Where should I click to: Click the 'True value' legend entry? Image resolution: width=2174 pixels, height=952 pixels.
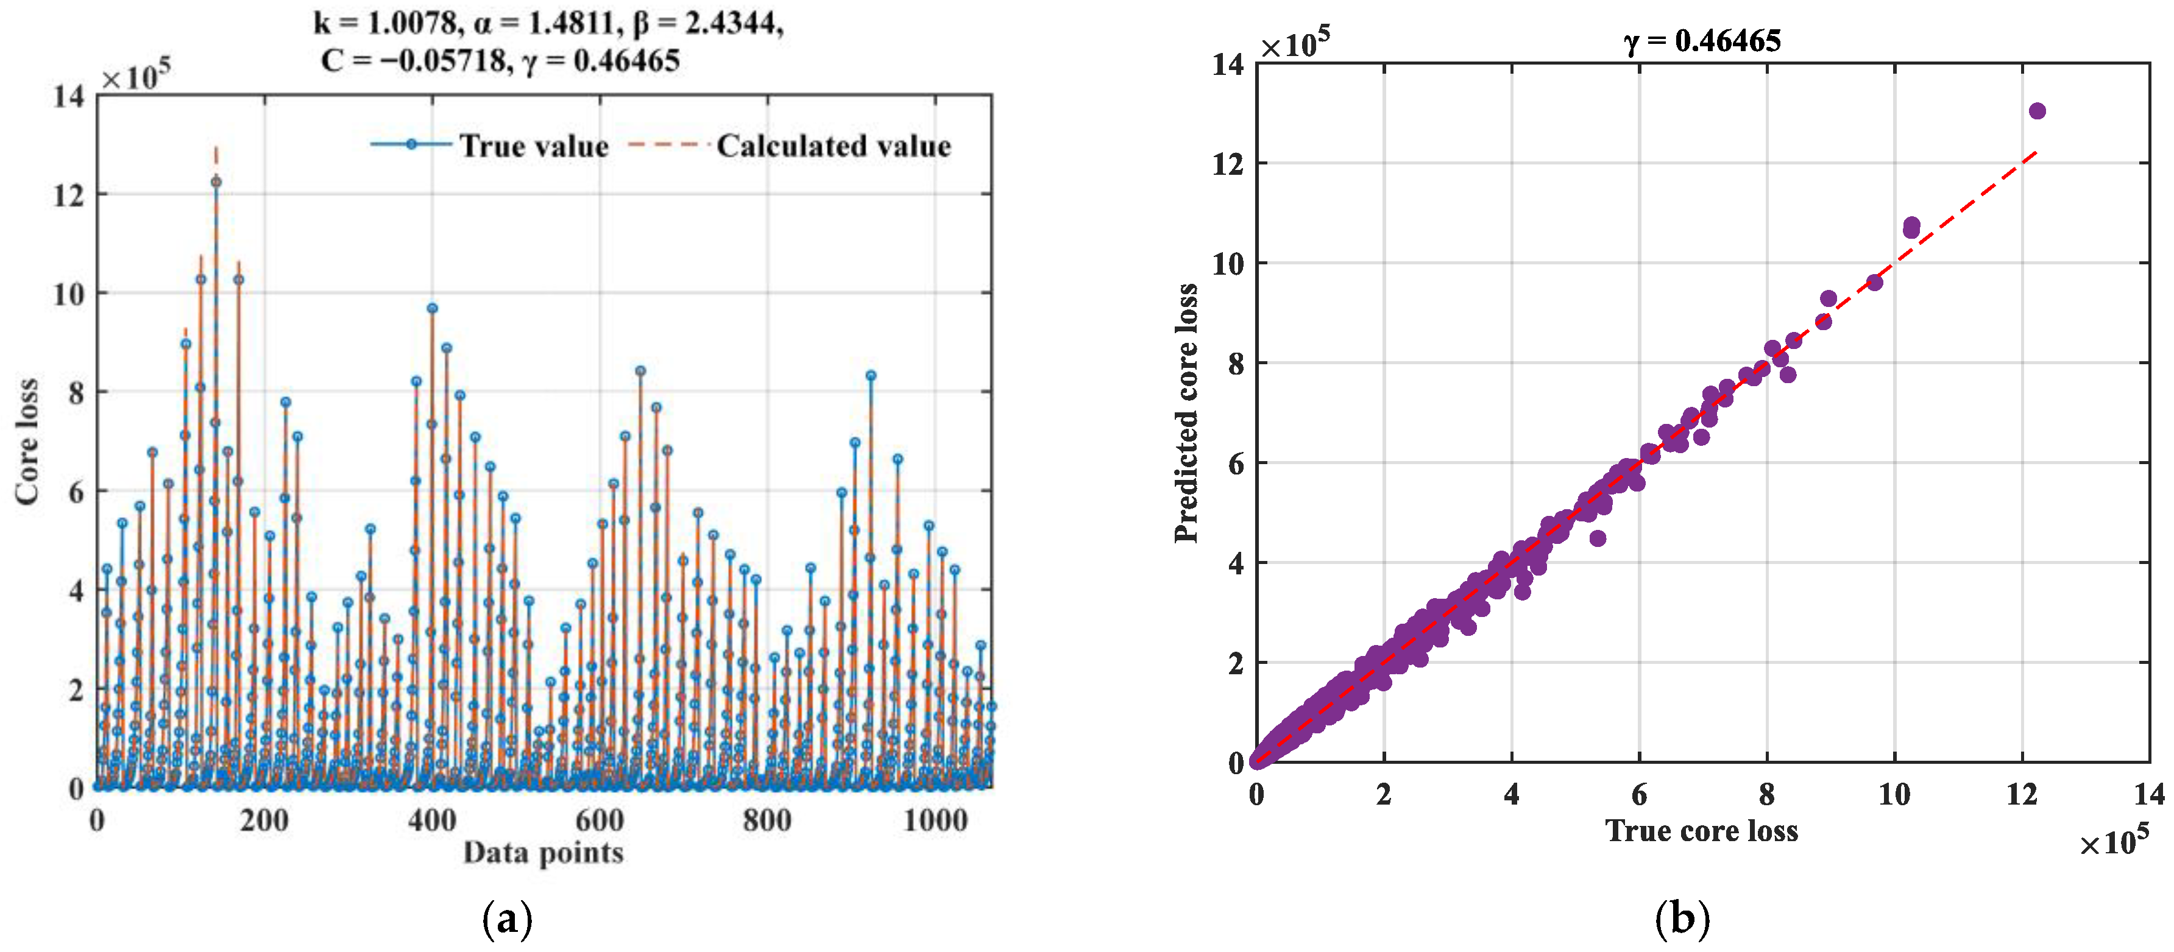pyautogui.click(x=533, y=146)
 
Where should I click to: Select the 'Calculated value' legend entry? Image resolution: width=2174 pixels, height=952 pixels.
pyautogui.click(x=833, y=146)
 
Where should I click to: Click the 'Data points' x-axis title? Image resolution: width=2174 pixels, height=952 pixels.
pyautogui.click(x=543, y=852)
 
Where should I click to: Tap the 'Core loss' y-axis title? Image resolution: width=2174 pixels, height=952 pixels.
pyautogui.click(x=27, y=442)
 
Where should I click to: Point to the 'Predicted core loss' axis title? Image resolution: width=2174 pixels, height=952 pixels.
pyautogui.click(x=1186, y=413)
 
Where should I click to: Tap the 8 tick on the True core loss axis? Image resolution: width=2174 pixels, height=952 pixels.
pyautogui.click(x=1766, y=794)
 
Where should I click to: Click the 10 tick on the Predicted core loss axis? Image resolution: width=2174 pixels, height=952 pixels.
pyautogui.click(x=1228, y=263)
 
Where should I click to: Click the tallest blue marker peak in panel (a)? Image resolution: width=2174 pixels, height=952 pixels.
pyautogui.click(x=216, y=182)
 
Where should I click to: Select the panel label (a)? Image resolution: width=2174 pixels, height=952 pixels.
pyautogui.click(x=507, y=919)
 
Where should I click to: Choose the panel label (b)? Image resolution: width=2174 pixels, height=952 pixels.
pyautogui.click(x=1682, y=919)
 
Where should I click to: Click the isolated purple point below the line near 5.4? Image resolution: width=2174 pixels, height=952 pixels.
pyautogui.click(x=1597, y=538)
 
